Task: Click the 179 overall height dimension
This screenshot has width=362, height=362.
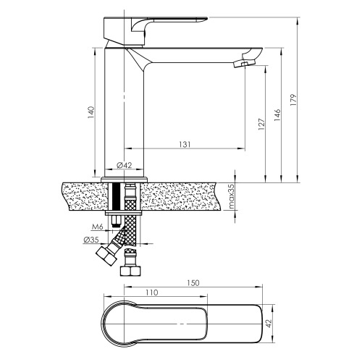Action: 292,100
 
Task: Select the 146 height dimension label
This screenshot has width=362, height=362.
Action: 277,115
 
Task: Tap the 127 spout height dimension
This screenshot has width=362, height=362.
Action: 261,125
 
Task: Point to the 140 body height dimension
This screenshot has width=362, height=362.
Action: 91,112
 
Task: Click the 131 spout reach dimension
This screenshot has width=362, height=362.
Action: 185,144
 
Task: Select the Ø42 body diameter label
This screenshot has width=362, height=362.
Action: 125,165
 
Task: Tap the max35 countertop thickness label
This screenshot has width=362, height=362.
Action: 231,196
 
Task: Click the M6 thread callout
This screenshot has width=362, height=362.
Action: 98,227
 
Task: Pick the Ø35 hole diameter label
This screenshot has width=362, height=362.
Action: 91,240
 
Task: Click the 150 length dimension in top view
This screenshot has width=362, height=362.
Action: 193,283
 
